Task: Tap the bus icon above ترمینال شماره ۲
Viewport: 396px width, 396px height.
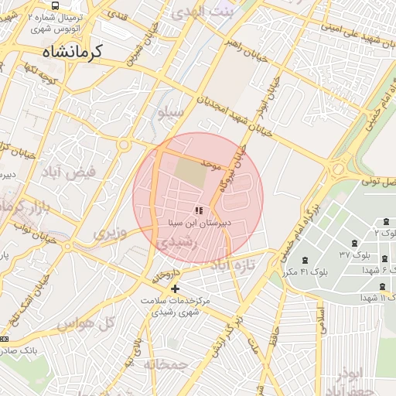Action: (53, 4)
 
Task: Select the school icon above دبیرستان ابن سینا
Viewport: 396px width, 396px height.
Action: (199, 210)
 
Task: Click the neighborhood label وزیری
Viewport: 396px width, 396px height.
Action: (109, 232)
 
